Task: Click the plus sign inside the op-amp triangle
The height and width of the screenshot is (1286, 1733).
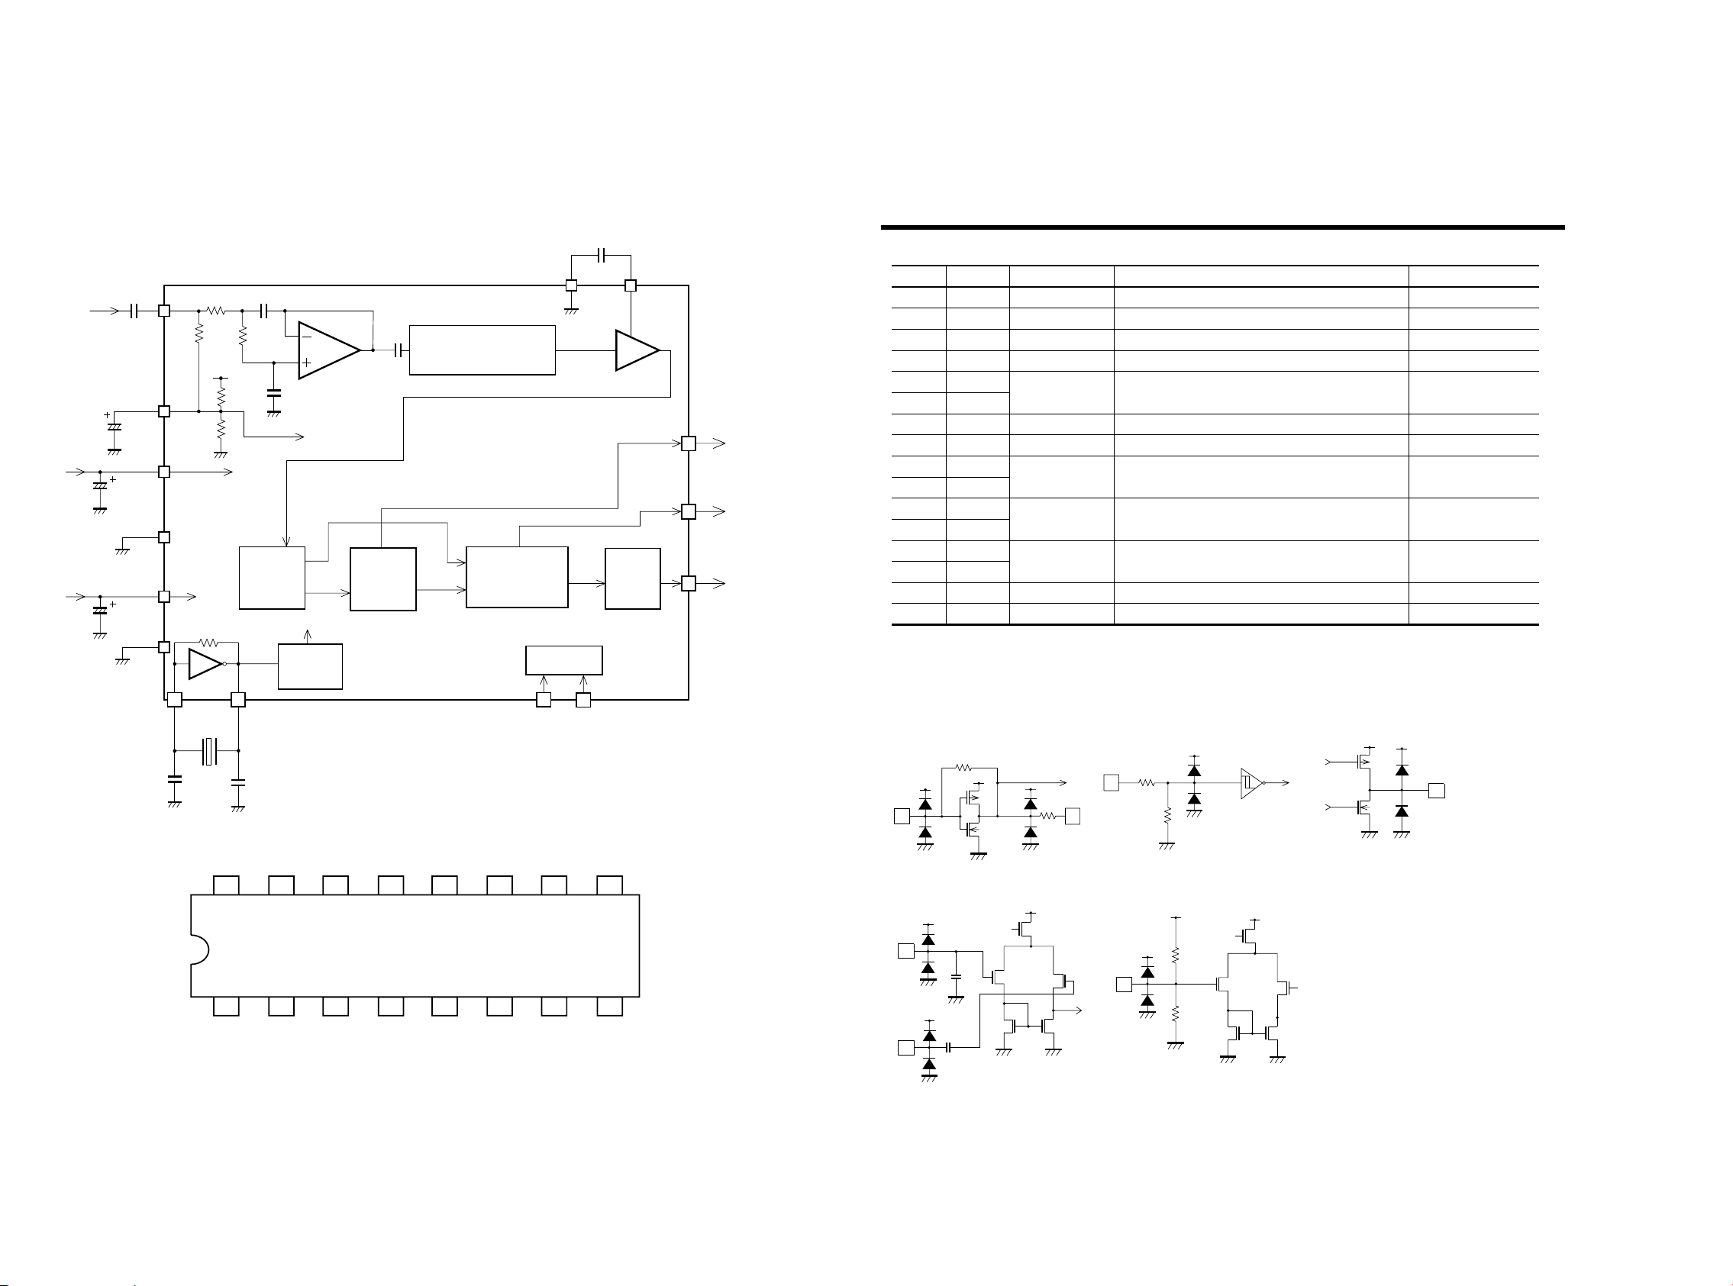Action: click(306, 363)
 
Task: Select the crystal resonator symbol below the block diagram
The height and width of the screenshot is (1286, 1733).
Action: click(208, 750)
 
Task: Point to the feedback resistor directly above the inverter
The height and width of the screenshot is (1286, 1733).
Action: click(208, 643)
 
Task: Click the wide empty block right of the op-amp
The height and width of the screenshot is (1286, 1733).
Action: click(482, 350)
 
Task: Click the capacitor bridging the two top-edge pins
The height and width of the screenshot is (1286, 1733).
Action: click(601, 255)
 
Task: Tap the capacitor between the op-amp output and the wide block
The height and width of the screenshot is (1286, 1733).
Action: click(399, 350)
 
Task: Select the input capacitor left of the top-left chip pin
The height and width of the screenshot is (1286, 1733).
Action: click(134, 311)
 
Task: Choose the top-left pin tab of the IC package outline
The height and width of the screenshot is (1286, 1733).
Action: click(226, 885)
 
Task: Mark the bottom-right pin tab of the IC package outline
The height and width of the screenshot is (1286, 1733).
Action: click(609, 1007)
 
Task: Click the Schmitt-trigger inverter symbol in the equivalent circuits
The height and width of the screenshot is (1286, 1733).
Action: click(1251, 782)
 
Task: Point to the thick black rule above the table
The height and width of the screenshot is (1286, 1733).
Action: click(1222, 227)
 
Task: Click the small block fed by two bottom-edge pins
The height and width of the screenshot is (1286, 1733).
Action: click(563, 660)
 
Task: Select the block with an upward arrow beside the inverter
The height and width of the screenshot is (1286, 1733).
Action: click(310, 666)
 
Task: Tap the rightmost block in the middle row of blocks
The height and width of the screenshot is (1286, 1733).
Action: click(632, 579)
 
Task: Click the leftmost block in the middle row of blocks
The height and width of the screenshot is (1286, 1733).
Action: click(272, 578)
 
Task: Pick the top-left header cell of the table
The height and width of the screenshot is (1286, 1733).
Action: click(918, 276)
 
